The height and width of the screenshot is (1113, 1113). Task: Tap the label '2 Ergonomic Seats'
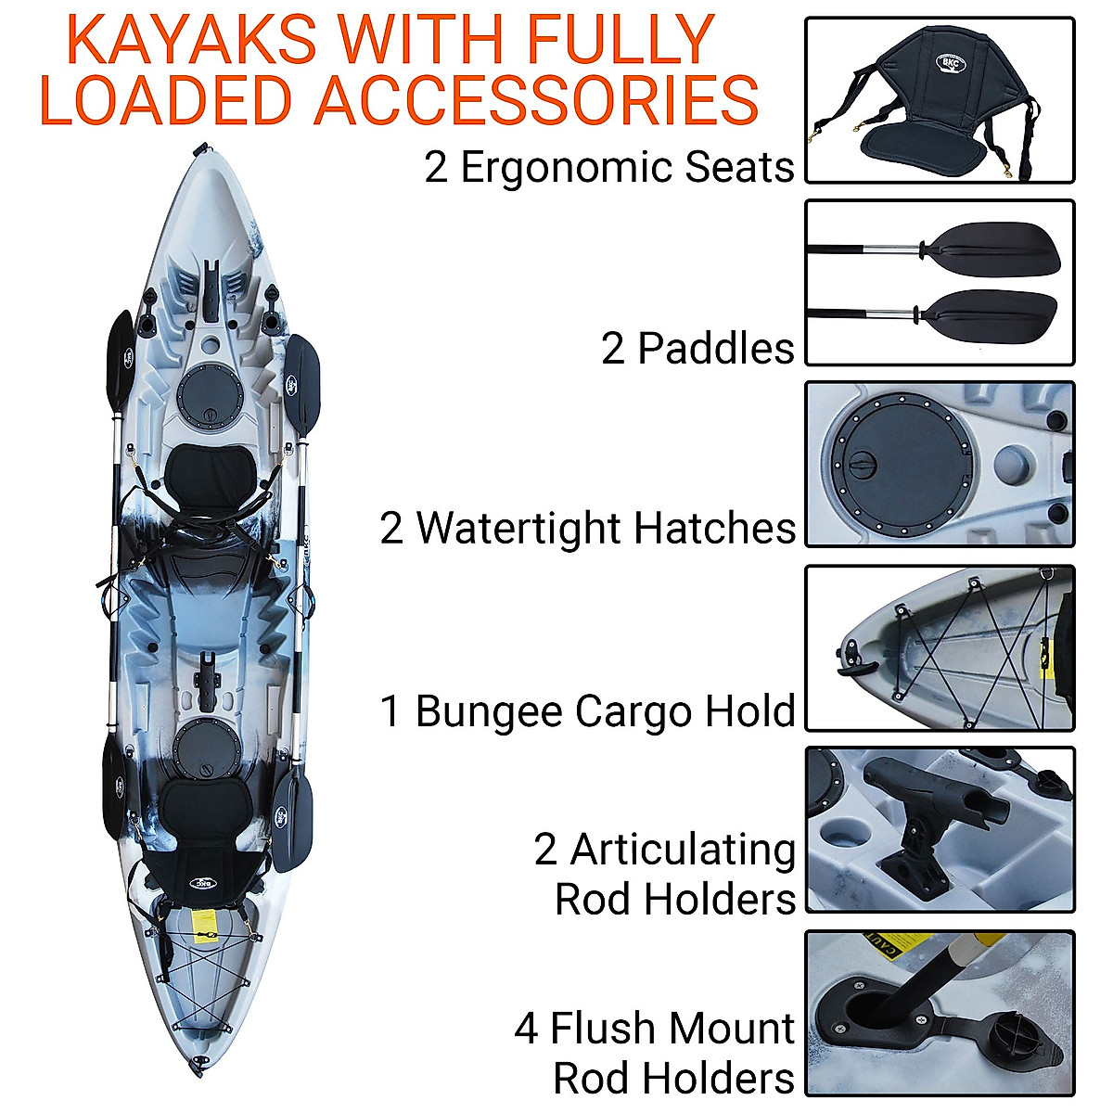pos(609,168)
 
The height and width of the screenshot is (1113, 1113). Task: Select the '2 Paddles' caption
pos(697,349)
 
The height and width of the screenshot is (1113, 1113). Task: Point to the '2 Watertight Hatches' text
pos(587,528)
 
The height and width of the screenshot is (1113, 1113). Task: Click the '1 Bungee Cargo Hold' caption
pos(587,711)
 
